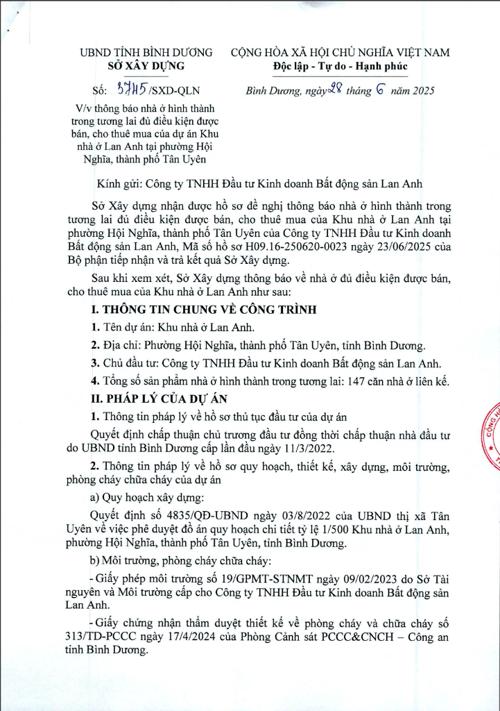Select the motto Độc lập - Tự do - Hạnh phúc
click(340, 66)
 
